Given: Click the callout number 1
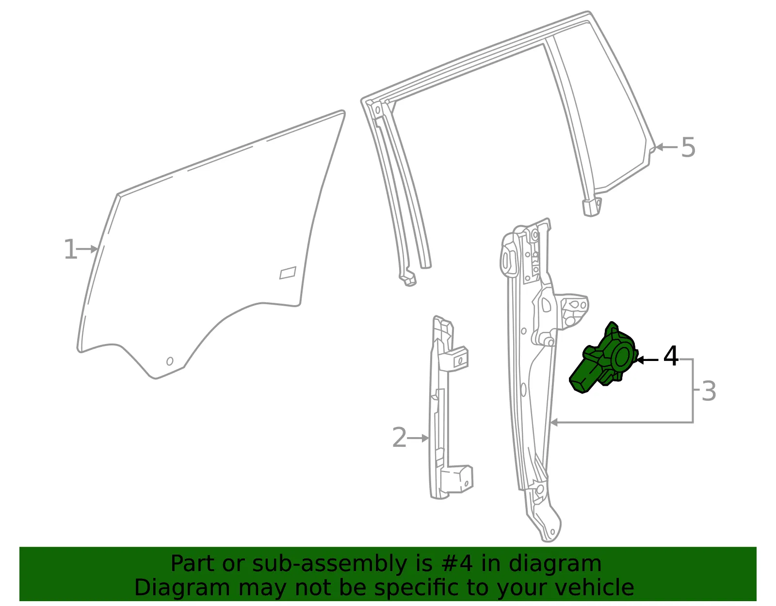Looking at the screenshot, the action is [70, 249].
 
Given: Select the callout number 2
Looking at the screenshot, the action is [399, 438].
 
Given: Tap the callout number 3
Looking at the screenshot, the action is [709, 391].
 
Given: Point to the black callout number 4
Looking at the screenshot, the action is [671, 356].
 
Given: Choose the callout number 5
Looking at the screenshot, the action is [688, 147].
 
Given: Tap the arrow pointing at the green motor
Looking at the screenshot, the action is [647, 360].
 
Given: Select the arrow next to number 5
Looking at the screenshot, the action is [666, 147].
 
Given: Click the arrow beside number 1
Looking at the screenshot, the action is [87, 249].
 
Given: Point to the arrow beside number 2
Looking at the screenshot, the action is [418, 438].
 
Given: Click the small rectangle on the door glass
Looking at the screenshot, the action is [288, 273].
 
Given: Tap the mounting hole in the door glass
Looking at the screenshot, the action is [170, 361].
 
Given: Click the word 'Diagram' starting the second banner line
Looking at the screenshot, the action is [182, 588].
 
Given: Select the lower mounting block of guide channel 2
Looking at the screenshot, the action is [457, 480].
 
